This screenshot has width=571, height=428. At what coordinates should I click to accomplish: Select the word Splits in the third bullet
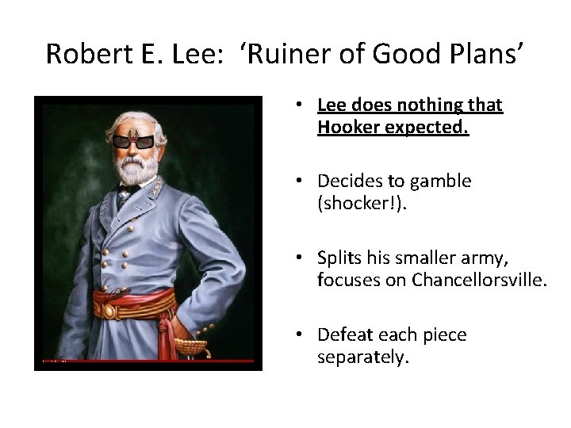click(x=339, y=258)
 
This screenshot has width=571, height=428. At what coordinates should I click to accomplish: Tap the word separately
click(x=363, y=357)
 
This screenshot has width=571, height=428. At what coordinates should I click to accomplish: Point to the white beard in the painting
click(x=135, y=169)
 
